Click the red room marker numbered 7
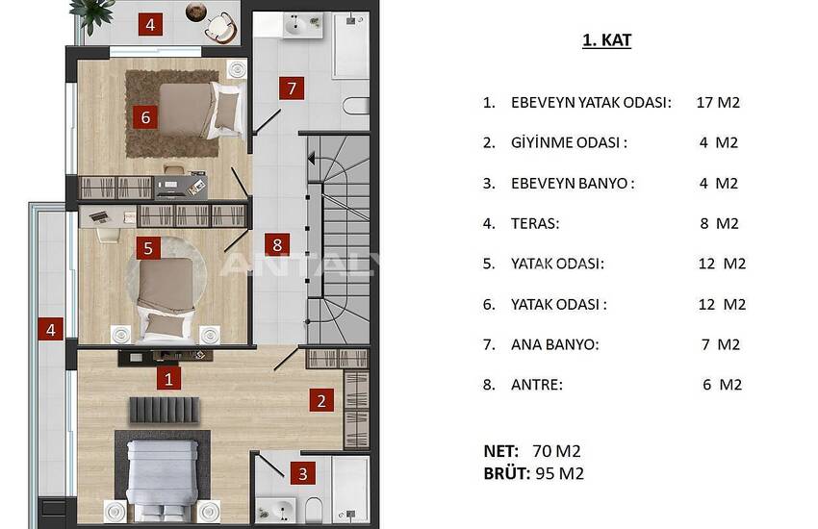[x=292, y=88]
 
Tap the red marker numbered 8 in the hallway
[x=277, y=244]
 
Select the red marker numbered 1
[x=168, y=379]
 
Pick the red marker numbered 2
[x=321, y=400]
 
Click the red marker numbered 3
[x=302, y=473]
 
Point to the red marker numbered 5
[x=148, y=248]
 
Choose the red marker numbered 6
[x=145, y=117]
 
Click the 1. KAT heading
[x=606, y=40]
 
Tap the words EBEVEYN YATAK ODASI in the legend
[x=590, y=103]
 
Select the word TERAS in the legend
[x=534, y=223]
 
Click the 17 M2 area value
[x=718, y=103]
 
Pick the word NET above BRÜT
[x=500, y=451]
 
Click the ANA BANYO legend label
[x=553, y=344]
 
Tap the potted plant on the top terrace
[x=91, y=12]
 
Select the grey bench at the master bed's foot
[x=165, y=410]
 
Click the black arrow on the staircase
[x=311, y=159]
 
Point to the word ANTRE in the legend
[x=535, y=385]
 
